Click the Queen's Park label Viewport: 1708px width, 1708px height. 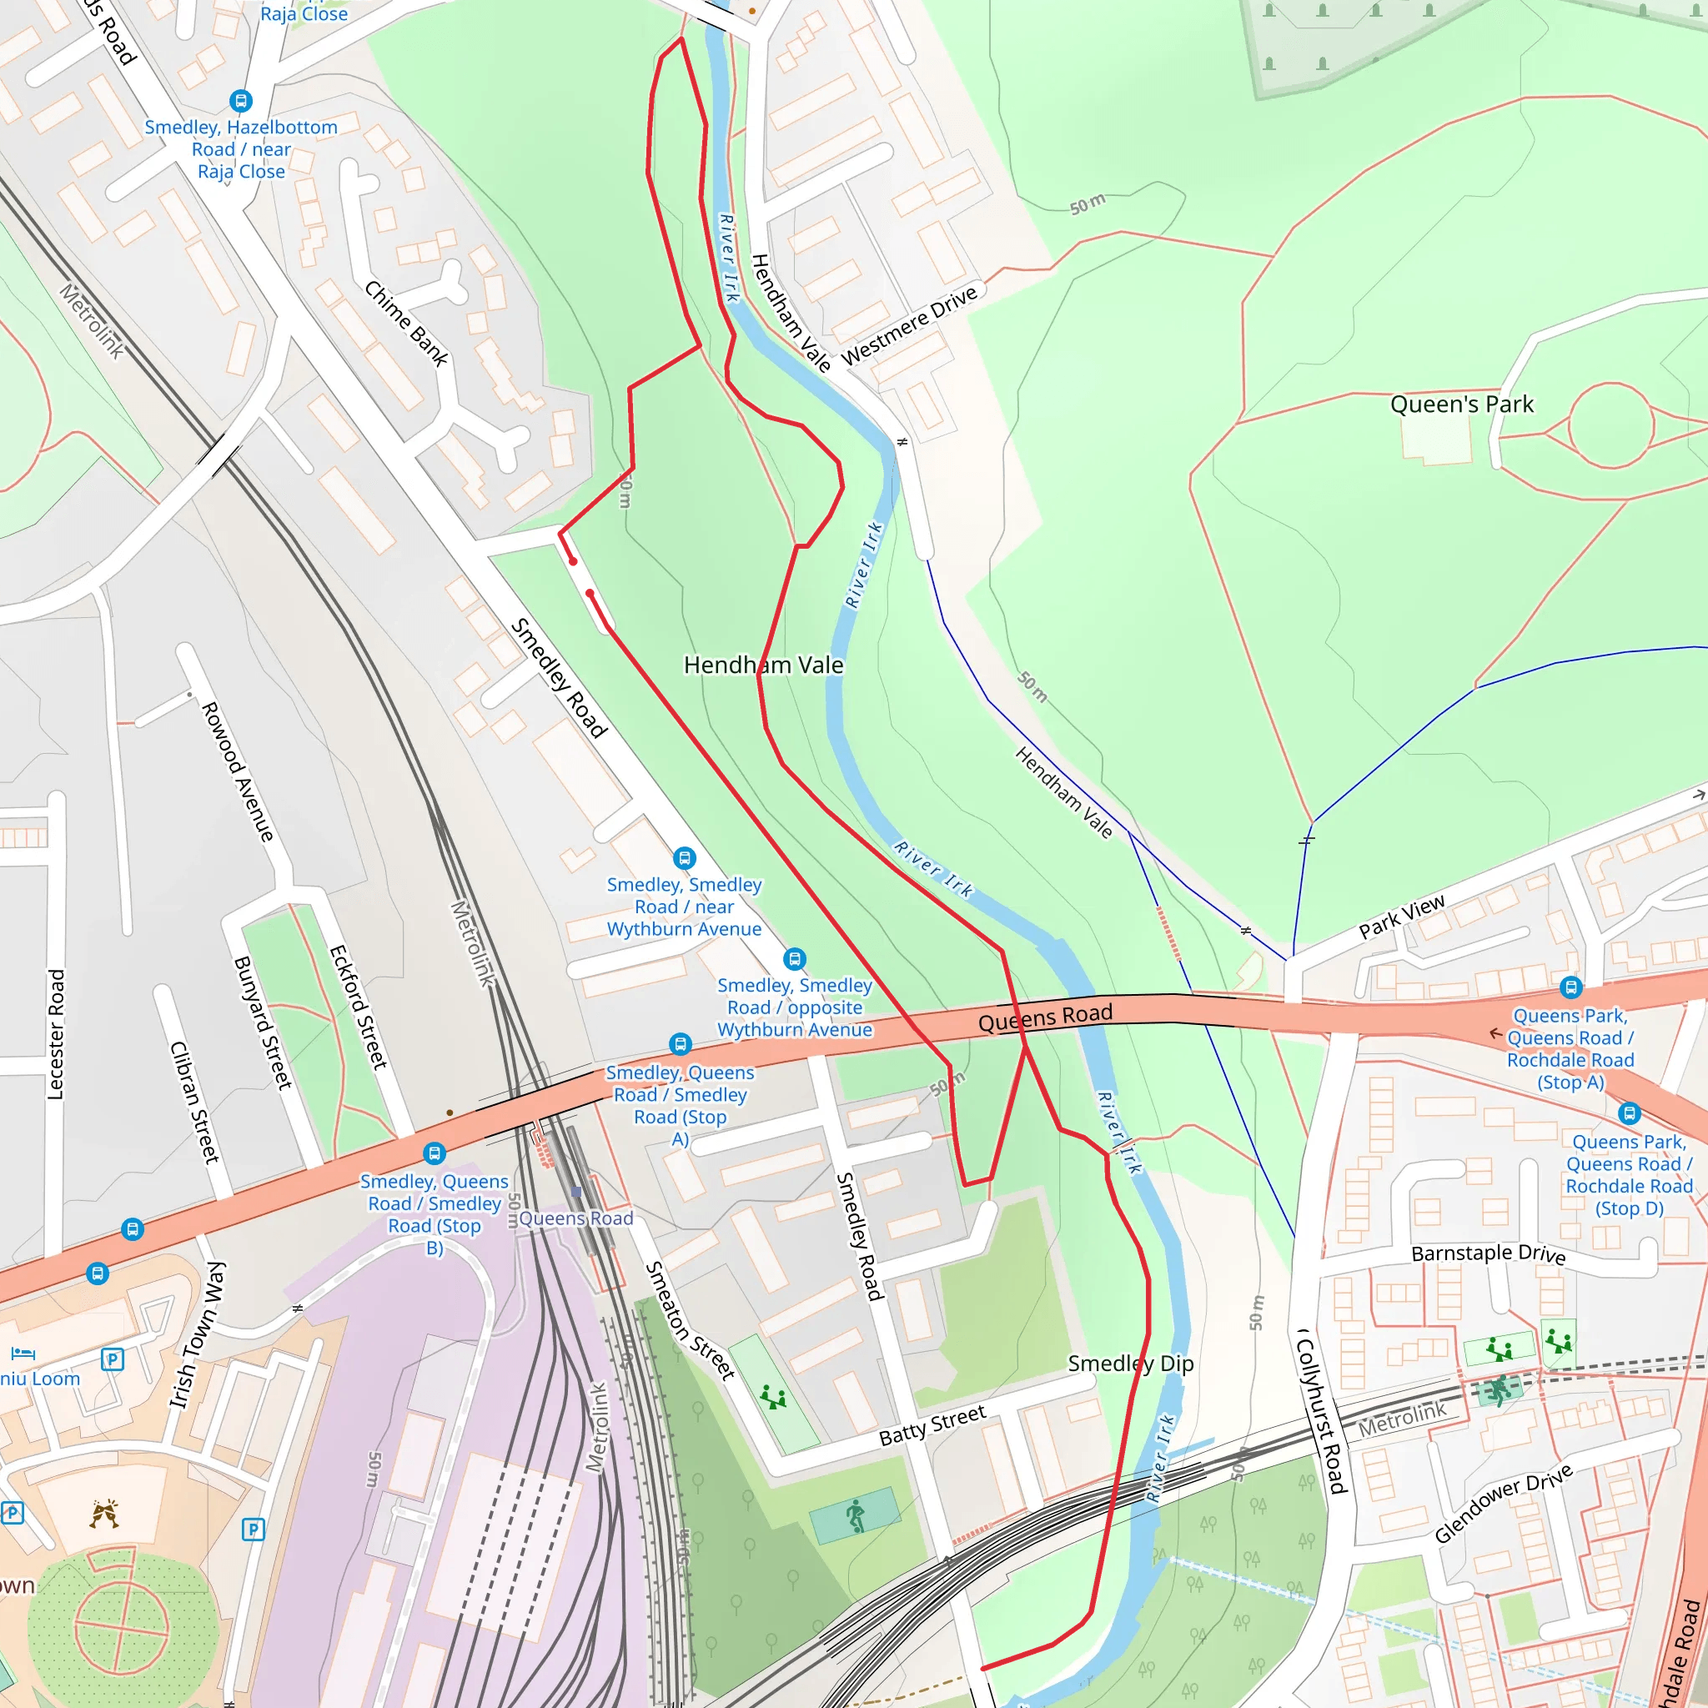1461,404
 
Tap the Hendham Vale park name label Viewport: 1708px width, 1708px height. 763,665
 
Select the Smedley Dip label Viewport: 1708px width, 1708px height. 1130,1364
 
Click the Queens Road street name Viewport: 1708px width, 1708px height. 1045,1017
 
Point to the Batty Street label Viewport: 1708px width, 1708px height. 932,1425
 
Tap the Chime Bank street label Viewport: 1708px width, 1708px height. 407,324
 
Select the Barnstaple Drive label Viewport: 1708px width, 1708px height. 1488,1253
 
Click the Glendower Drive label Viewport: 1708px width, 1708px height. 1503,1502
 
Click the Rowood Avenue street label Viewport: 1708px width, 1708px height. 237,771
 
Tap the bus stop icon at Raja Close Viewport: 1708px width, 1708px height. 240,101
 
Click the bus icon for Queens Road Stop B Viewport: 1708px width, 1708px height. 434,1153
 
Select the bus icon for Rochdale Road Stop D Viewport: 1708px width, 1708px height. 1629,1113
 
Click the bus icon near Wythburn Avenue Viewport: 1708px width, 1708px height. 684,857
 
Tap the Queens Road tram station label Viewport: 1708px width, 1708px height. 575,1218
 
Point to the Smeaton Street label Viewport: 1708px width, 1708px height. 690,1321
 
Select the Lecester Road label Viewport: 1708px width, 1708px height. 56,1033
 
